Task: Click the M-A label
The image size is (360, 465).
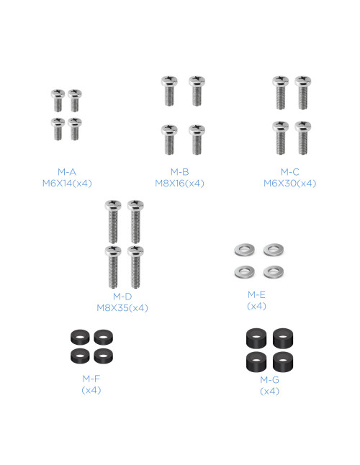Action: pos(67,172)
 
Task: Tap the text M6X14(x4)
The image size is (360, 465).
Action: pos(67,184)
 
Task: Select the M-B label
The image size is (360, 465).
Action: pos(180,172)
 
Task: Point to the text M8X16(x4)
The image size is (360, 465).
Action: pos(180,184)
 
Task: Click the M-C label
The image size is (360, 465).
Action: pos(290,172)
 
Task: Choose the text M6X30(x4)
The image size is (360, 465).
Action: pos(290,184)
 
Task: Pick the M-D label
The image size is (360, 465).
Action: pos(122,297)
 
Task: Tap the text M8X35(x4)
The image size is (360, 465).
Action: pos(122,308)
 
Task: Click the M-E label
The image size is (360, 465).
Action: pos(256,294)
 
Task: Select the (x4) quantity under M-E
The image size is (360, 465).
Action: pos(256,306)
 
